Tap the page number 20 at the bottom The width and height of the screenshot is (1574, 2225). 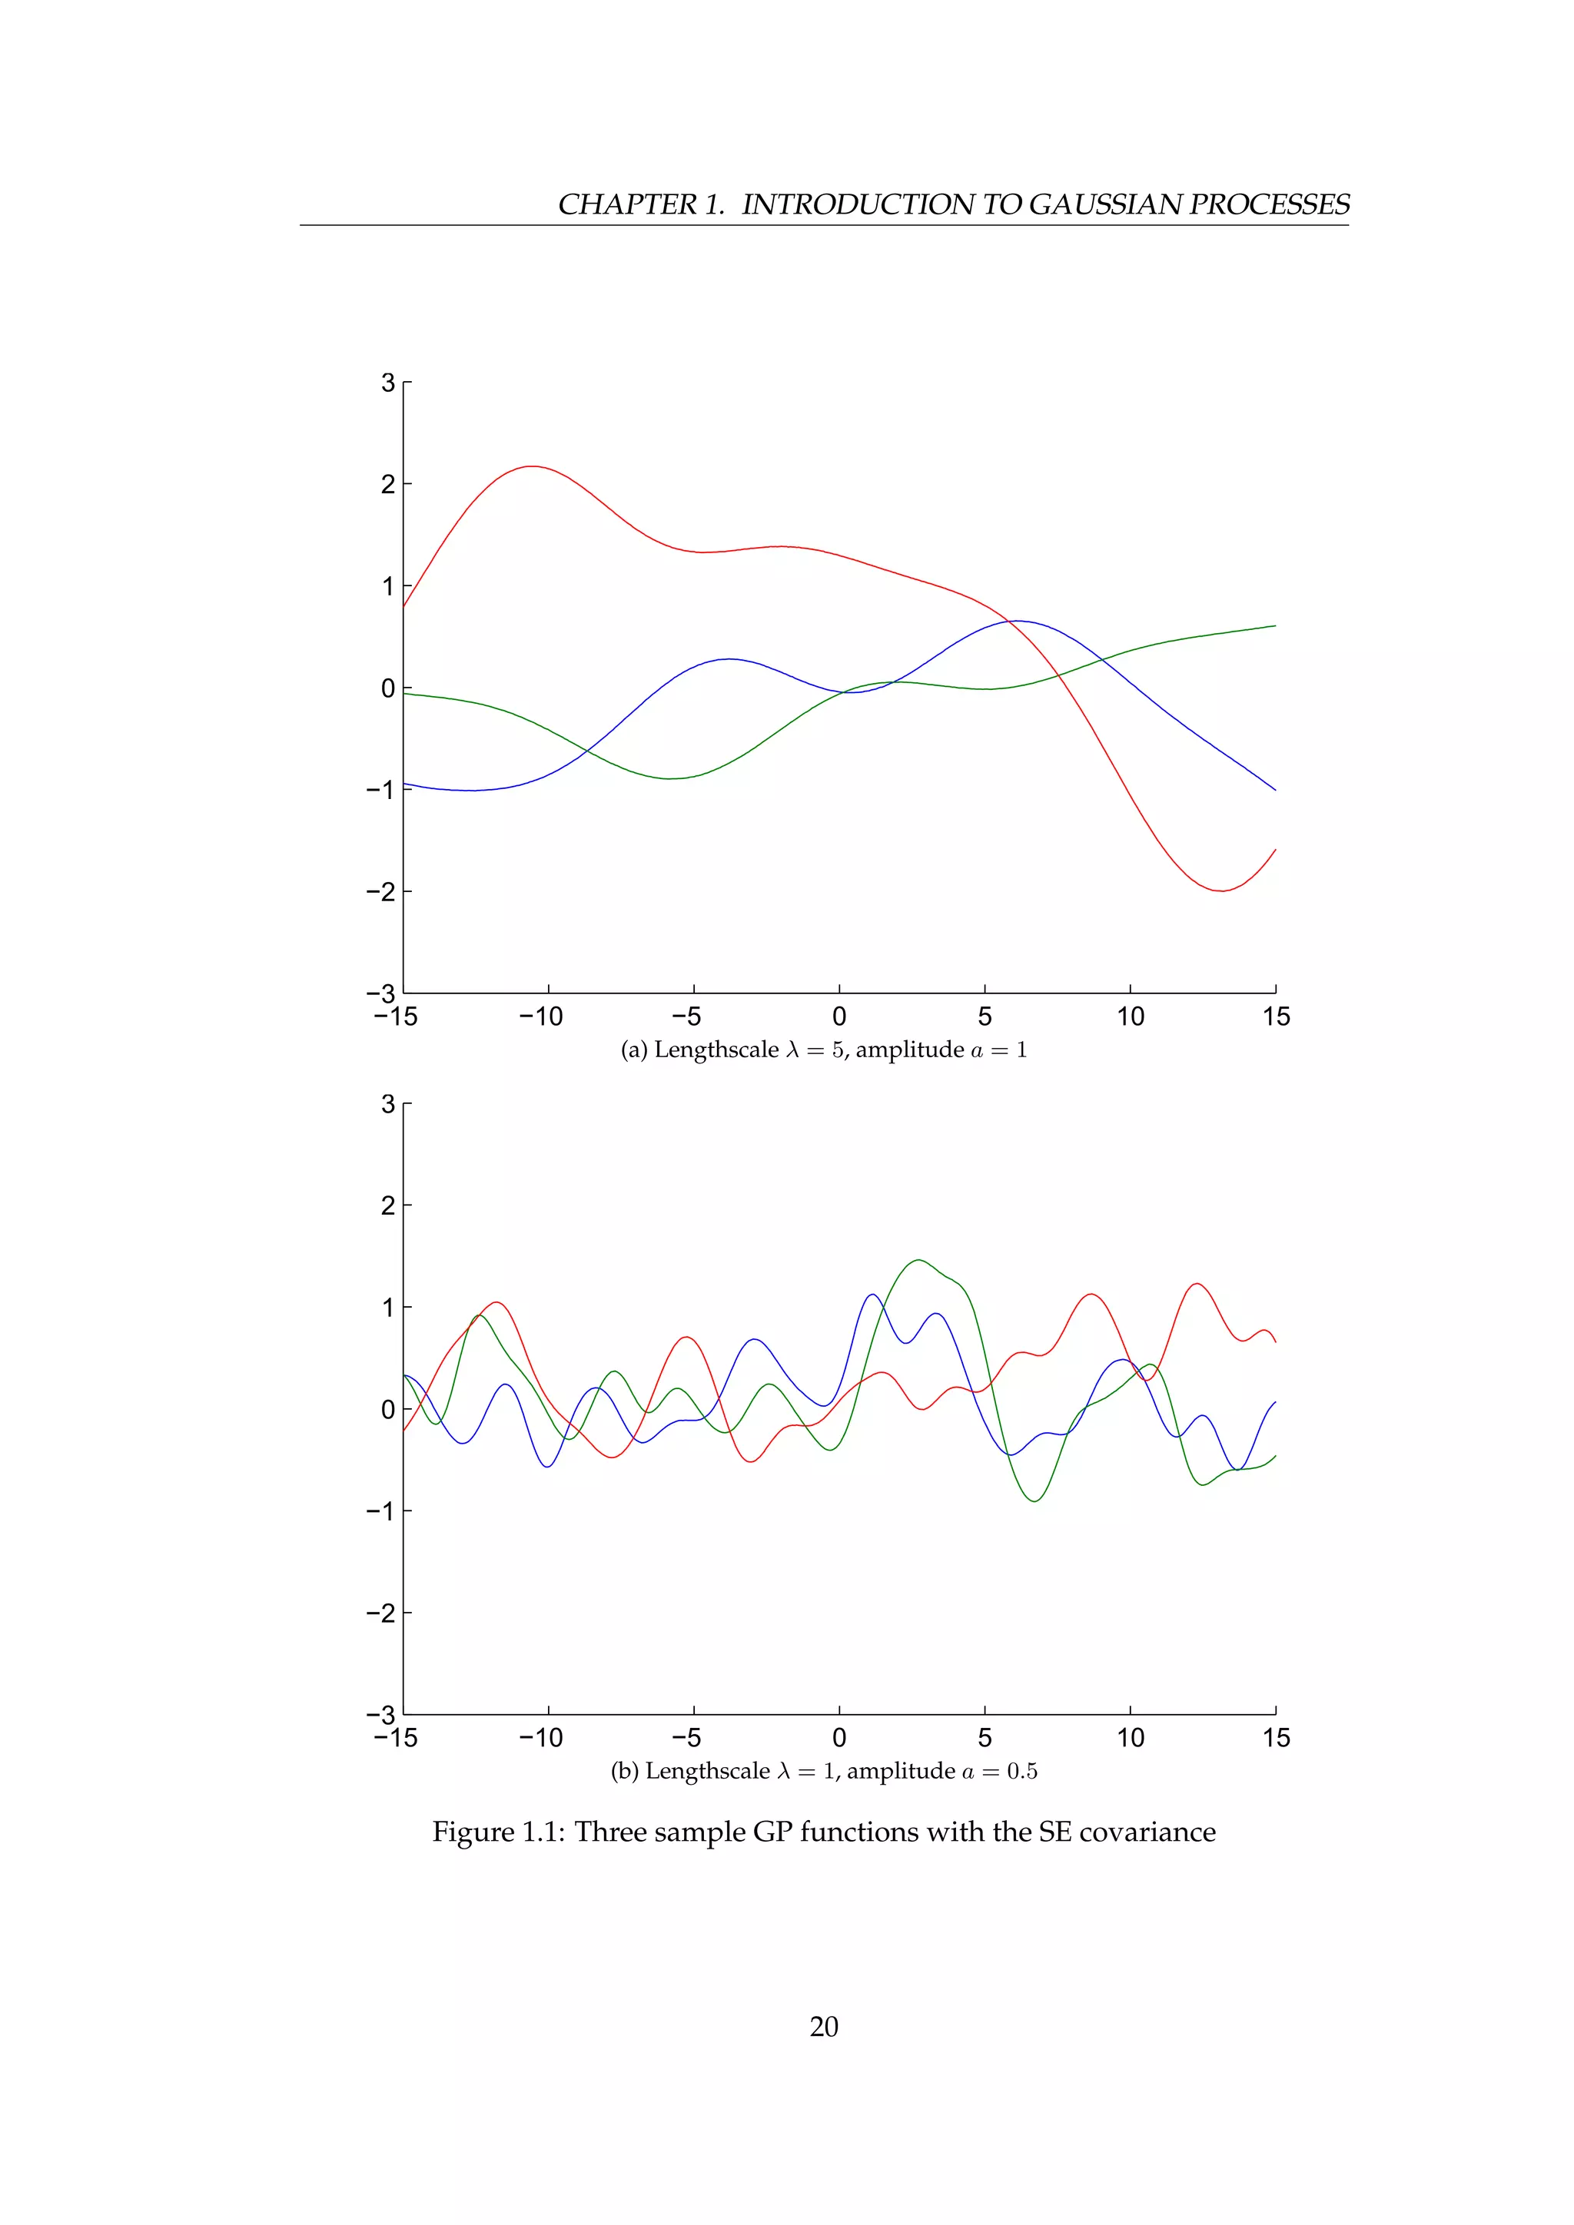click(x=823, y=2026)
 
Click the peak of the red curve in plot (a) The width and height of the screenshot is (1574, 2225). click(x=531, y=466)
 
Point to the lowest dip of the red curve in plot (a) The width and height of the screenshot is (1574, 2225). click(x=1222, y=890)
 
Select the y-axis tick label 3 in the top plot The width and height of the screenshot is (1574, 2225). click(x=387, y=383)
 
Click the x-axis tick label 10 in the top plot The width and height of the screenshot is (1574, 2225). click(x=1130, y=1016)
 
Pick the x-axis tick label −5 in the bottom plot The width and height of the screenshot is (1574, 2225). click(x=686, y=1738)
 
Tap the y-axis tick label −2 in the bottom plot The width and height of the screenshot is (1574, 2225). click(x=382, y=1613)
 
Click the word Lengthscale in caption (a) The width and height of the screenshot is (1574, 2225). click(x=716, y=1049)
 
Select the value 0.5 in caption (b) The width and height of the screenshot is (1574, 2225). click(x=1021, y=1772)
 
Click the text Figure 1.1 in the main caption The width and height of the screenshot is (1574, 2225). click(x=498, y=1832)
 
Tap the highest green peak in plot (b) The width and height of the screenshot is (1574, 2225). click(x=917, y=1260)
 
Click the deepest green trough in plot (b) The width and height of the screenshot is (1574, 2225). click(x=1035, y=1501)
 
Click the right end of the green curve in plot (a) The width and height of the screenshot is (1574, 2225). click(x=1273, y=626)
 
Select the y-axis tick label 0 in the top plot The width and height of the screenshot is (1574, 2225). click(x=387, y=688)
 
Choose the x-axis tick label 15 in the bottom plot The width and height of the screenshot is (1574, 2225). click(x=1276, y=1738)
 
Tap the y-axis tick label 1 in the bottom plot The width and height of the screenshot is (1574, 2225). click(x=387, y=1308)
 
